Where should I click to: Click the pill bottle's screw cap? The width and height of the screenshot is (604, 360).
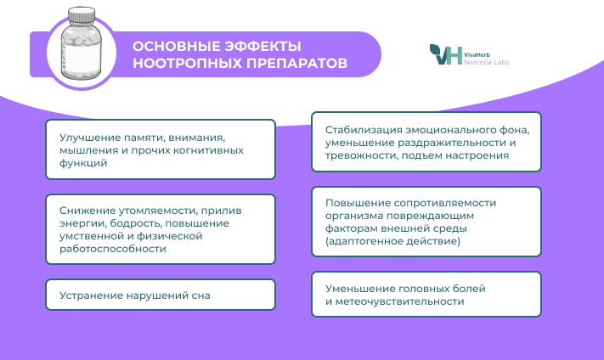click(82, 14)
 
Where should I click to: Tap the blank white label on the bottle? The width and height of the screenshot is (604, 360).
click(82, 58)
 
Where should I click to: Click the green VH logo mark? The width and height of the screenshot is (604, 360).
click(446, 54)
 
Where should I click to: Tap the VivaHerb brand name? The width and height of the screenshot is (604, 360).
click(477, 54)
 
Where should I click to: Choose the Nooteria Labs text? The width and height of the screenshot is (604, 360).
click(487, 62)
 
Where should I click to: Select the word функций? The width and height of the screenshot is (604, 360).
click(83, 163)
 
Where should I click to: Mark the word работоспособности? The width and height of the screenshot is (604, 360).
click(113, 249)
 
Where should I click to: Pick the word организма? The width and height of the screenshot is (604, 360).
click(354, 216)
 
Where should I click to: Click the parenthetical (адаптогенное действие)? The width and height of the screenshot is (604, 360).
click(393, 241)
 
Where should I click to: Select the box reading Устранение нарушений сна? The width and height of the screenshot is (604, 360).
click(161, 295)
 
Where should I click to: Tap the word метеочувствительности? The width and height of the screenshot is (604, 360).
click(400, 301)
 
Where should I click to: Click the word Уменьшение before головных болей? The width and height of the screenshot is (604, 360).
click(360, 289)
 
